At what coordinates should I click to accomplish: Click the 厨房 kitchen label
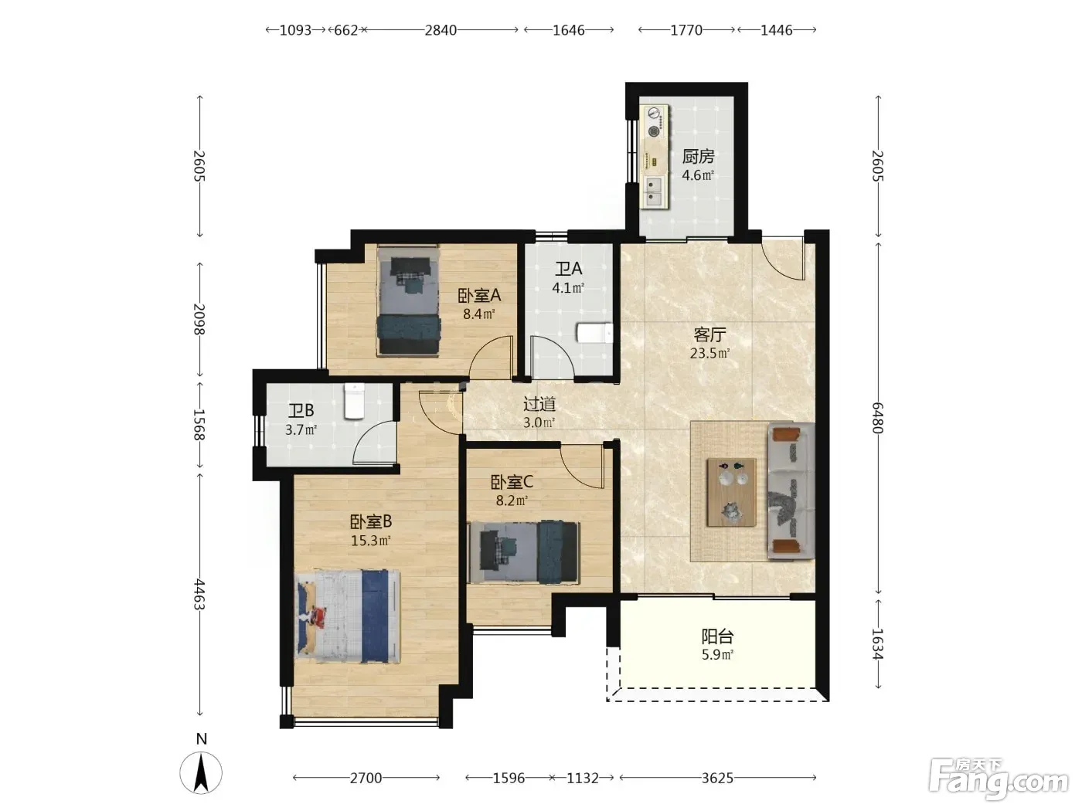pos(698,157)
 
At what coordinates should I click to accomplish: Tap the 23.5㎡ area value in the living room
pos(709,353)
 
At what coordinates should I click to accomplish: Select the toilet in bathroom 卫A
pos(594,334)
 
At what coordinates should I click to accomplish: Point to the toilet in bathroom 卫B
pos(353,401)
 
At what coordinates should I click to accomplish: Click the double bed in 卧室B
pos(347,616)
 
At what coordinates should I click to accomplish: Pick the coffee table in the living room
pos(732,492)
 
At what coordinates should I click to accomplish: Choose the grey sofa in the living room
pos(790,491)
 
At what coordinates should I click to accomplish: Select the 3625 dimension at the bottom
pos(717,778)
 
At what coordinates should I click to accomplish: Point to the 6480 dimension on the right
pos(877,418)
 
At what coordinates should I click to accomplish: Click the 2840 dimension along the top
pos(441,30)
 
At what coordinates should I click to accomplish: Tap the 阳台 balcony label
pos(717,636)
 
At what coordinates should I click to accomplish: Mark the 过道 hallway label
pos(539,404)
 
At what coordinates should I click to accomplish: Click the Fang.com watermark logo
pos(999,780)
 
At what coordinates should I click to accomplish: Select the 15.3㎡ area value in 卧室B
pos(371,540)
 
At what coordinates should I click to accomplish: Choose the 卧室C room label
pos(512,482)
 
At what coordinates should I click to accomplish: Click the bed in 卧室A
pos(408,300)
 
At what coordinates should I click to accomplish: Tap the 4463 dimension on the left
pos(199,594)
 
